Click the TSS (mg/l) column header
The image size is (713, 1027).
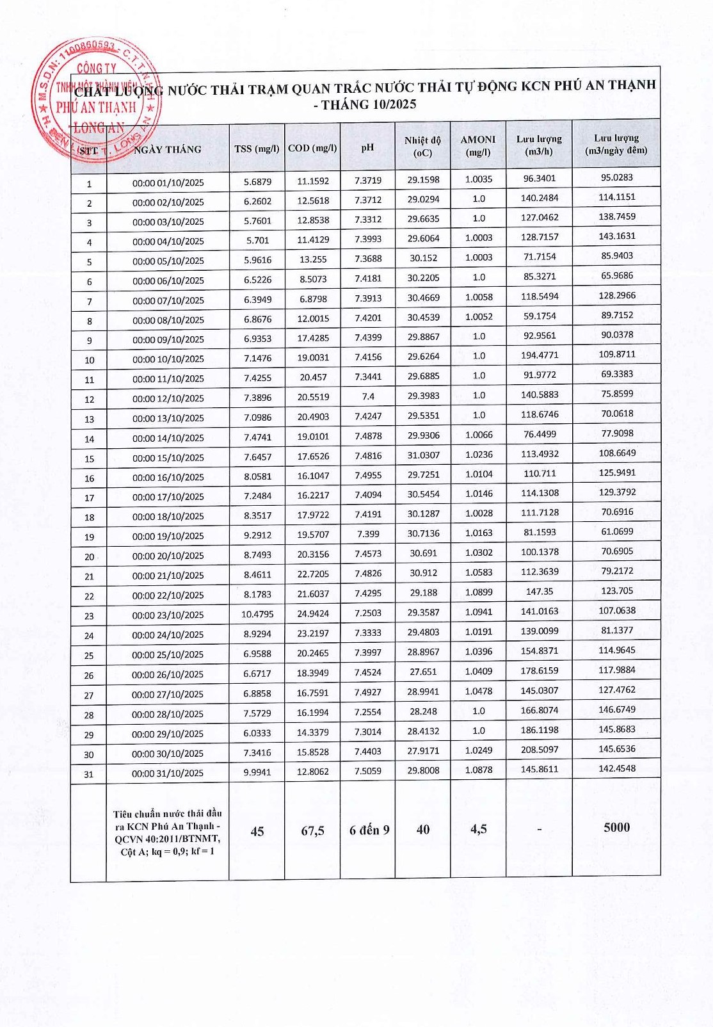(x=257, y=149)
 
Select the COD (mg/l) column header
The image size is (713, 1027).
(x=312, y=148)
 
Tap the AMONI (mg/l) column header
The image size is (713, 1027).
(x=478, y=146)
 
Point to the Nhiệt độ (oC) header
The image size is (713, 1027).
(x=422, y=147)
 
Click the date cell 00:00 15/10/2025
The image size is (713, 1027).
(x=168, y=458)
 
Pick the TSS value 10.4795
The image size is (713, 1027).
(x=257, y=614)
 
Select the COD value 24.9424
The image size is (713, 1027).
(x=313, y=613)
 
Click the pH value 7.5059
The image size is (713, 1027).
(x=368, y=771)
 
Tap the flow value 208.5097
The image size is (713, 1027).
(x=540, y=749)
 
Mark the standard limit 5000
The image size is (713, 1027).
(x=616, y=827)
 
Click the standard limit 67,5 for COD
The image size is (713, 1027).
(x=313, y=830)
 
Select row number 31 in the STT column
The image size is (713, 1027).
(x=89, y=774)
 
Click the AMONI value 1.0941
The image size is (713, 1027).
(x=479, y=611)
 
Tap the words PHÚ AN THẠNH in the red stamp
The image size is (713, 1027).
(x=96, y=108)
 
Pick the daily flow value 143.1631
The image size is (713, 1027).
(x=617, y=236)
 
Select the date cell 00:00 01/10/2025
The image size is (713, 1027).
(x=168, y=182)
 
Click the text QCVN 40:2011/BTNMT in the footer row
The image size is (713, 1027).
(x=168, y=839)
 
